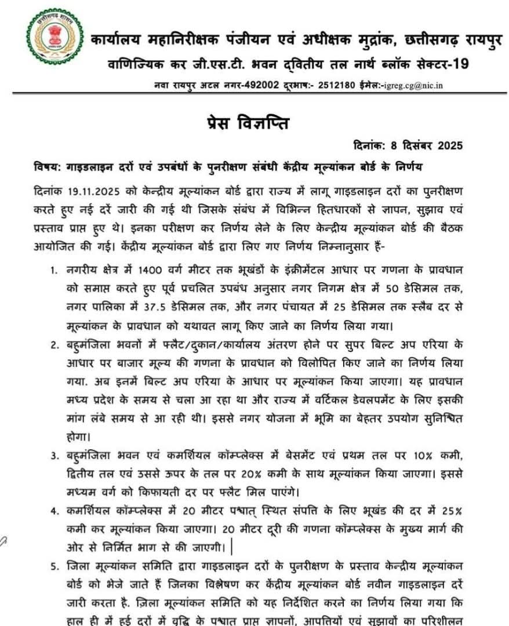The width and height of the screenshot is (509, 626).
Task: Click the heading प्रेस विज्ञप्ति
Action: (x=256, y=123)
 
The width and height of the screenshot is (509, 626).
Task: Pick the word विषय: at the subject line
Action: (x=46, y=167)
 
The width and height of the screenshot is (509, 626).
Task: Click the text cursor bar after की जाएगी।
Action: (x=231, y=545)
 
